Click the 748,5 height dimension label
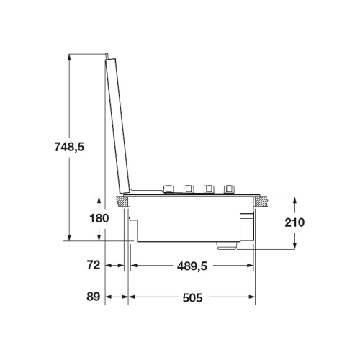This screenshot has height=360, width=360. tap(69, 147)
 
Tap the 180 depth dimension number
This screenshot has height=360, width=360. tap(99, 218)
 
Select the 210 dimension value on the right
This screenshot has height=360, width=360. tap(294, 222)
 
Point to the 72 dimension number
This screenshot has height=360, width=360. tap(93, 265)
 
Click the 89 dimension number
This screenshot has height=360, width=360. tap(93, 297)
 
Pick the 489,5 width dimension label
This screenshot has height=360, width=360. tap(192, 266)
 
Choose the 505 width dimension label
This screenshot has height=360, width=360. tap(192, 298)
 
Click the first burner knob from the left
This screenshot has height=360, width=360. tap(168, 189)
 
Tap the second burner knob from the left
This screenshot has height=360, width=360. tap(189, 189)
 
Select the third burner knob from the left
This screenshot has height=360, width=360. tap(209, 189)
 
